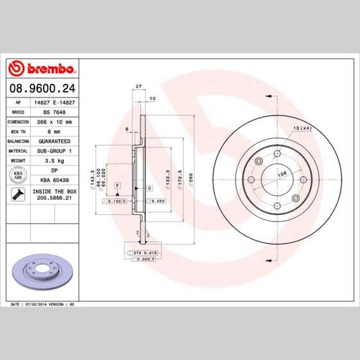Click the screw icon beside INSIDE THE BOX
point(18,196)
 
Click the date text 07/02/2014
point(40,305)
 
